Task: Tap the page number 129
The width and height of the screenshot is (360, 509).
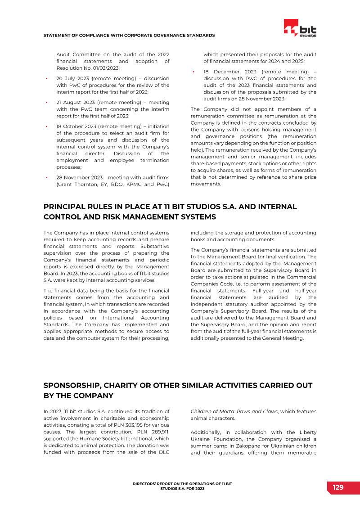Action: (338, 487)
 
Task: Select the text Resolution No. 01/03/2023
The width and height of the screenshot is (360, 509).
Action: (87, 68)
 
